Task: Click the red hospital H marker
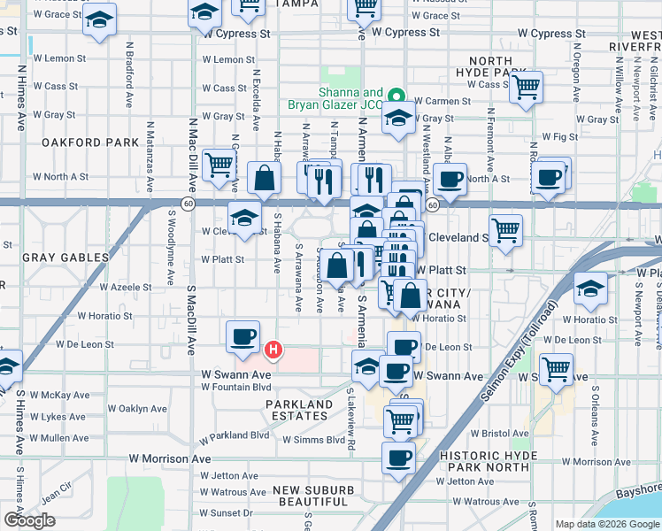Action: (274, 350)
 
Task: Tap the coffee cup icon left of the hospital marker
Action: (242, 337)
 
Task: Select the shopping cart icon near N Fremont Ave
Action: (526, 87)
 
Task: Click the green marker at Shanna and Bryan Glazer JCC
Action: (396, 97)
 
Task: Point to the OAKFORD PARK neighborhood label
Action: (89, 142)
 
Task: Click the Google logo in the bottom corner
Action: (29, 520)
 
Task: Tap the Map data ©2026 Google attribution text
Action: (606, 524)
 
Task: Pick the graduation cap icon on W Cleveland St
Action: (243, 215)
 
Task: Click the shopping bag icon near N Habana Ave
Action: (265, 178)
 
